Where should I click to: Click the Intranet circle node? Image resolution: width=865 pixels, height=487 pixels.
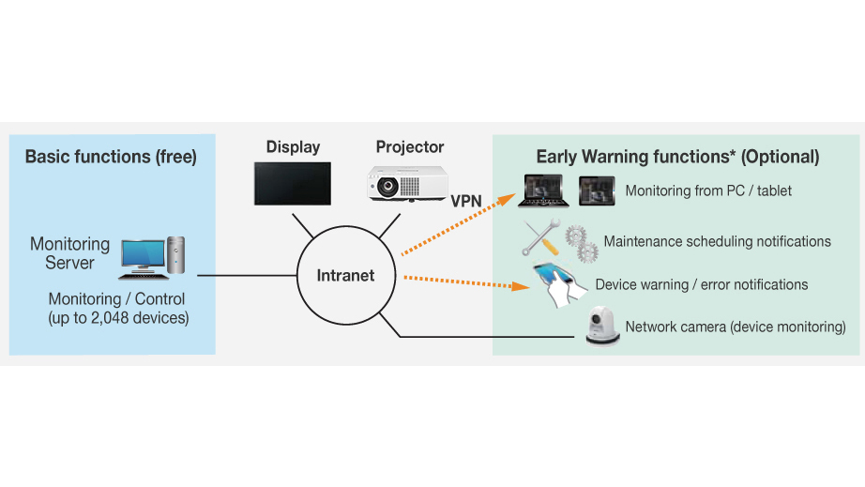click(x=345, y=276)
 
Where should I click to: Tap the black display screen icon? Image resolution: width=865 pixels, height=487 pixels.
click(x=292, y=183)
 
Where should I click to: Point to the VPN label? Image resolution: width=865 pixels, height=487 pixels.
click(x=466, y=202)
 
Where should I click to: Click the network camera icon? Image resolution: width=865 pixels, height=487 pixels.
click(x=602, y=327)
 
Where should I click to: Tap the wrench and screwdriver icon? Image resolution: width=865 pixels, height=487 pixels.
click(x=541, y=239)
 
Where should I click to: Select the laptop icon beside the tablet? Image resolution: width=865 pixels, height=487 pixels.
click(x=544, y=190)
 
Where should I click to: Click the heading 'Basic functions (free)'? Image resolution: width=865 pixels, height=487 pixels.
click(x=111, y=157)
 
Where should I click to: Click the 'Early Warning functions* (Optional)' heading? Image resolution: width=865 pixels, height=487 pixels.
click(x=677, y=157)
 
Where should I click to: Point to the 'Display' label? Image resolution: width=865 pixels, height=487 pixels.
click(x=293, y=147)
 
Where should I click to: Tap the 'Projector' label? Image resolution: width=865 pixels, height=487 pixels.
click(x=410, y=147)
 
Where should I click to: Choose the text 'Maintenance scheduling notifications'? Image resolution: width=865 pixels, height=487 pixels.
click(x=717, y=242)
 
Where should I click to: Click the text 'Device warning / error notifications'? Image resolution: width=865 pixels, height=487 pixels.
click(x=701, y=284)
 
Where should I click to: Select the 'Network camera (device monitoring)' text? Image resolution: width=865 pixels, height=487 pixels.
click(x=735, y=327)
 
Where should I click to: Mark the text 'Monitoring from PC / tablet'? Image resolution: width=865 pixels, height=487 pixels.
click(x=708, y=190)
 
